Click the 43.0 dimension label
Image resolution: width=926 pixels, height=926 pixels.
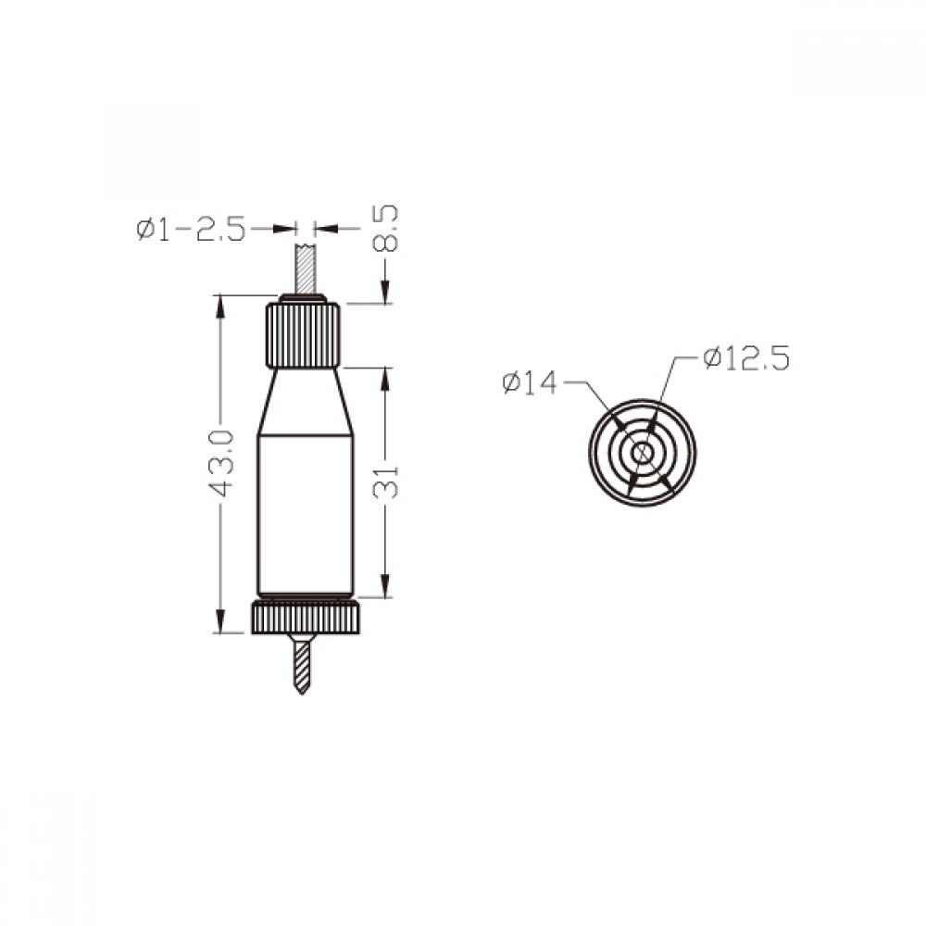[221, 464]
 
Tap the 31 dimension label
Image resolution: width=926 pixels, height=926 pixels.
[386, 482]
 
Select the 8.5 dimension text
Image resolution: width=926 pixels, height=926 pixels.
[387, 229]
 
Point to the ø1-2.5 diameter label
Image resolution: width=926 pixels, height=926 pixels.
[190, 229]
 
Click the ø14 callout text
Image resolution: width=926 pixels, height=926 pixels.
[530, 383]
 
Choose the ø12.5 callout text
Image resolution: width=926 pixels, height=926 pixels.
[745, 358]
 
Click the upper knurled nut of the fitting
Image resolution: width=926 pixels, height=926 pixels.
[303, 335]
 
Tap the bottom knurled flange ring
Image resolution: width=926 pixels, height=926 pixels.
[306, 618]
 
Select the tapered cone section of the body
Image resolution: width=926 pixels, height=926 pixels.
[305, 402]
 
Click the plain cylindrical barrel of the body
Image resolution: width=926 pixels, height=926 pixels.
[306, 515]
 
